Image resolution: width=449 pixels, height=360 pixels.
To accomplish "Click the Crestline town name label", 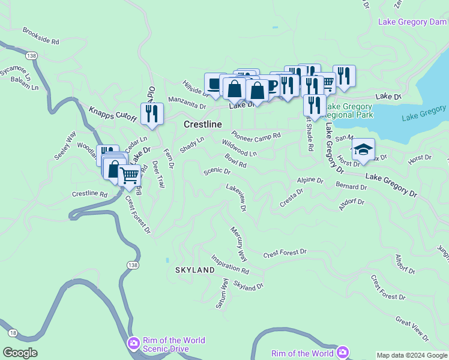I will (202, 124).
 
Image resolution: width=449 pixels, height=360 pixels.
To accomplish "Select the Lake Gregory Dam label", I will (412, 22).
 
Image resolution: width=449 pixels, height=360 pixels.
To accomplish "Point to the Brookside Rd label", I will (41, 36).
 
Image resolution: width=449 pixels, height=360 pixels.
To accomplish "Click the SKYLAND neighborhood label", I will (195, 271).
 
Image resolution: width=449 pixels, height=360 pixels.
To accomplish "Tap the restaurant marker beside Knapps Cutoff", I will (152, 114).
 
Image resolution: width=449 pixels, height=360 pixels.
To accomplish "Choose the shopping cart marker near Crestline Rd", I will (129, 176).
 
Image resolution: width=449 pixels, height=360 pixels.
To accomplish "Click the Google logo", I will (20, 353).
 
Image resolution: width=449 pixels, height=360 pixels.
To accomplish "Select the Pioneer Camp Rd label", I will (256, 136).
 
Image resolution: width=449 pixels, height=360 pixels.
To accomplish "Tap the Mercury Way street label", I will (239, 244).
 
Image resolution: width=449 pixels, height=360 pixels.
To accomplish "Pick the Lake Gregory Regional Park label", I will (348, 110).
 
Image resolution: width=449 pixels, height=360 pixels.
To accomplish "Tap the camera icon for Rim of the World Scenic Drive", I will (133, 344).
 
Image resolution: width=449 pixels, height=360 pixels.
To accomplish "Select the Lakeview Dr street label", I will (237, 197).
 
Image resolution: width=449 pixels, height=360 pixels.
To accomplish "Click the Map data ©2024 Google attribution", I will (412, 355).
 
